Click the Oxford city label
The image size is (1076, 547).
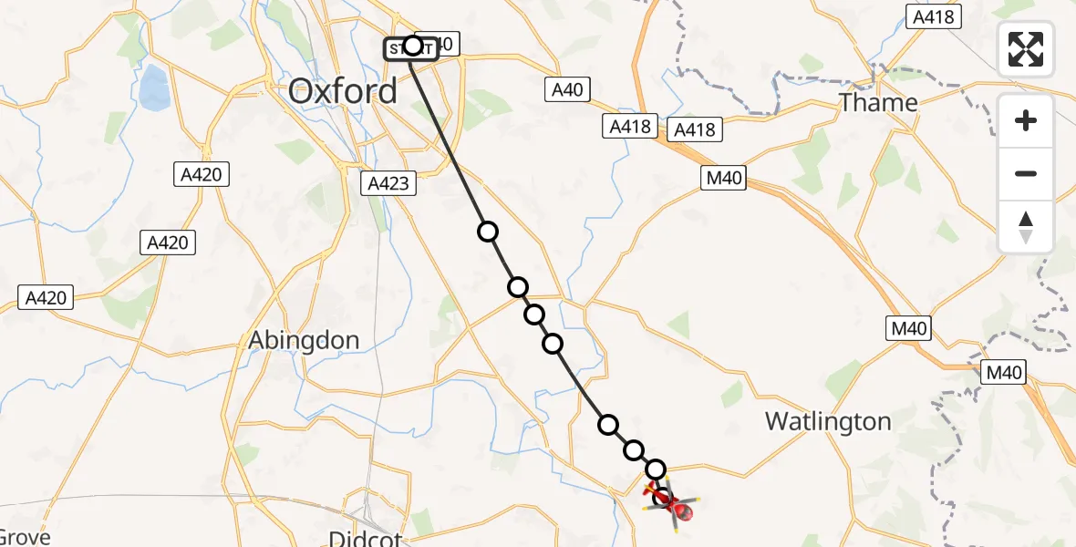tap(343, 91)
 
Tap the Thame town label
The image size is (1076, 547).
tap(878, 103)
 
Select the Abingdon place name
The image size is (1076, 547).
tap(305, 340)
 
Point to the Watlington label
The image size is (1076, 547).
tap(828, 421)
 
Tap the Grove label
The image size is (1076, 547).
tap(26, 537)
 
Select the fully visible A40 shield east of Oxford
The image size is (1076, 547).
tap(567, 89)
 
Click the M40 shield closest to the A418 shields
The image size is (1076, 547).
tap(724, 179)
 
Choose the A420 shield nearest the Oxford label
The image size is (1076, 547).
tap(202, 173)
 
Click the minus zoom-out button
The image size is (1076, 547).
tap(1026, 174)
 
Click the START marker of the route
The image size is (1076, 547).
tap(412, 46)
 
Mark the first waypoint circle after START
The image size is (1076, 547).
tap(488, 232)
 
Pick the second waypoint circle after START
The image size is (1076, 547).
tap(518, 288)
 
